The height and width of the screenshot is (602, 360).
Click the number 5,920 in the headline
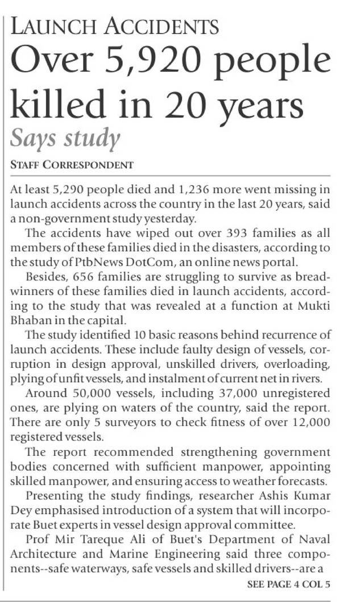162,61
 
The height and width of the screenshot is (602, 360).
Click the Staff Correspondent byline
72,165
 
